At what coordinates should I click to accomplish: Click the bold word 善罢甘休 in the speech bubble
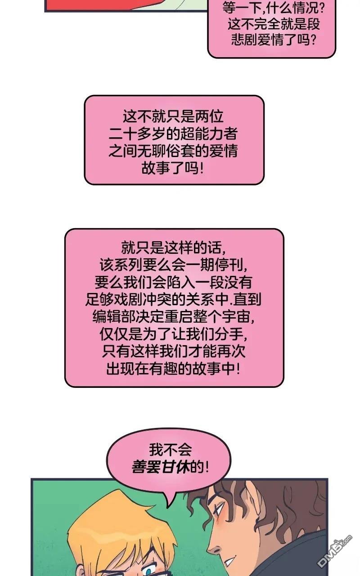pyautogui.click(x=161, y=467)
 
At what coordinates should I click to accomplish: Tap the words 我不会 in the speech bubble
pyautogui.click(x=170, y=450)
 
